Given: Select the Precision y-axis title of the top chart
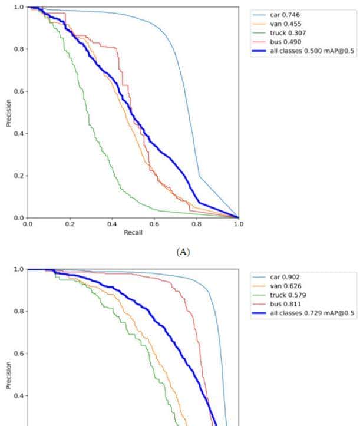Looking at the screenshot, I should click(x=8, y=113).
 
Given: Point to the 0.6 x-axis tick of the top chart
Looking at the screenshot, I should click(x=154, y=224).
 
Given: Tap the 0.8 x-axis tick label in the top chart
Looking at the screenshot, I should click(x=196, y=224).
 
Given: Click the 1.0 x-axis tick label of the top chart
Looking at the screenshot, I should click(x=238, y=224).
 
